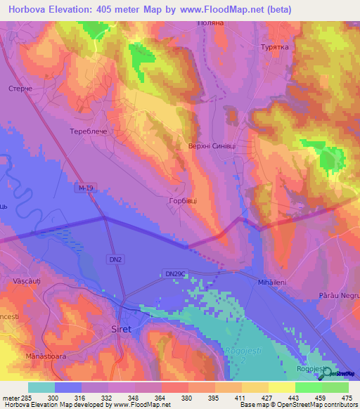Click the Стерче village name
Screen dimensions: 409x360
20,89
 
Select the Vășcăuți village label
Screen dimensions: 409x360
27,281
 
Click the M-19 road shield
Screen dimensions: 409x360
86,188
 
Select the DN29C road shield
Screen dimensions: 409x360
175,273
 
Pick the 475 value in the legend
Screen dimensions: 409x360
346,397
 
